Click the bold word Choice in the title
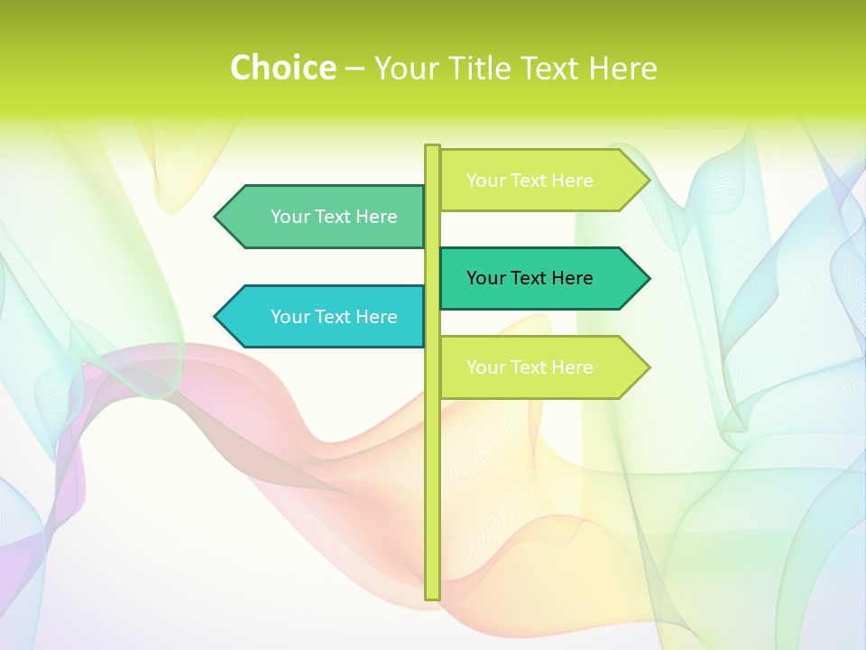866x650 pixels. click(282, 68)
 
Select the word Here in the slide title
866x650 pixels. click(622, 68)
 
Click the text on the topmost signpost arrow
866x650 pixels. click(530, 181)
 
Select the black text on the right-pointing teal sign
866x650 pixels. click(530, 278)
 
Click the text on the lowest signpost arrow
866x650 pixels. click(530, 367)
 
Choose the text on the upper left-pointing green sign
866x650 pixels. click(334, 217)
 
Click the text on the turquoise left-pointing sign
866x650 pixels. click(334, 317)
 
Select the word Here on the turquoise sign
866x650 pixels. click(376, 317)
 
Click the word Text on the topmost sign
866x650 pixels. click(529, 181)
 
